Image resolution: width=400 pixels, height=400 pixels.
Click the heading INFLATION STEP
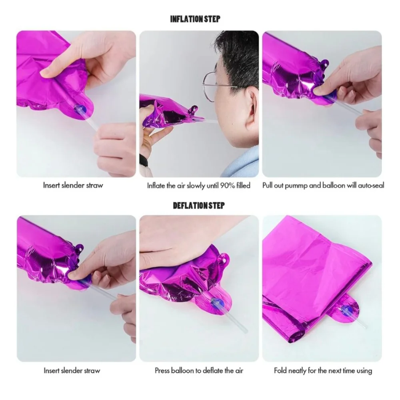click(195, 19)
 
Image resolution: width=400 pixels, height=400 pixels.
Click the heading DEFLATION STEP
click(199, 206)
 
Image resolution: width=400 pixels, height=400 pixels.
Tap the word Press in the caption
click(162, 370)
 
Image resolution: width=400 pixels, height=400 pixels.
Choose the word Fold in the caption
click(280, 370)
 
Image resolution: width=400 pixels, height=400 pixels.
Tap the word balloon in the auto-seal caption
click(334, 186)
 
